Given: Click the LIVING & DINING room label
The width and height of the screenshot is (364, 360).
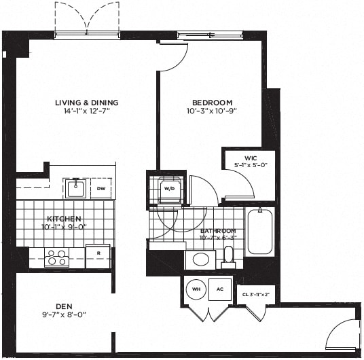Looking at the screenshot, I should pyautogui.click(x=82, y=103).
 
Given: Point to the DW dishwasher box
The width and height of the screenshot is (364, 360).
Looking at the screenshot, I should pyautogui.click(x=101, y=188).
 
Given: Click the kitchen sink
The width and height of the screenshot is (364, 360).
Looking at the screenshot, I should pyautogui.click(x=75, y=187).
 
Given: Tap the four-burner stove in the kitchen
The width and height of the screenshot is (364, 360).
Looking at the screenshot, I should pyautogui.click(x=56, y=257).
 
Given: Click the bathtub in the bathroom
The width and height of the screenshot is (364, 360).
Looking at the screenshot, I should pyautogui.click(x=259, y=232).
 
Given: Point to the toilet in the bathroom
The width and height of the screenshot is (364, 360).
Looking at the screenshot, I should pyautogui.click(x=229, y=256).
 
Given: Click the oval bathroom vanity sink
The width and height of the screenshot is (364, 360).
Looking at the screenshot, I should pyautogui.click(x=200, y=259).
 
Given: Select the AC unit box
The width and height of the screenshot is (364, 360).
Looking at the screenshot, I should pyautogui.click(x=219, y=289).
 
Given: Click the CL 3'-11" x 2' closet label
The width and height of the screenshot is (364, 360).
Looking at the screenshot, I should pyautogui.click(x=256, y=293).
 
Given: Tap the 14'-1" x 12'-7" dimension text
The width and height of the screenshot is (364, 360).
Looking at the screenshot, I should pyautogui.click(x=82, y=112).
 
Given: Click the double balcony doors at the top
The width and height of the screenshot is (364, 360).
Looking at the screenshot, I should pyautogui.click(x=87, y=18).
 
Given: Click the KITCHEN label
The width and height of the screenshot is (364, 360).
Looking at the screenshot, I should pyautogui.click(x=64, y=219).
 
